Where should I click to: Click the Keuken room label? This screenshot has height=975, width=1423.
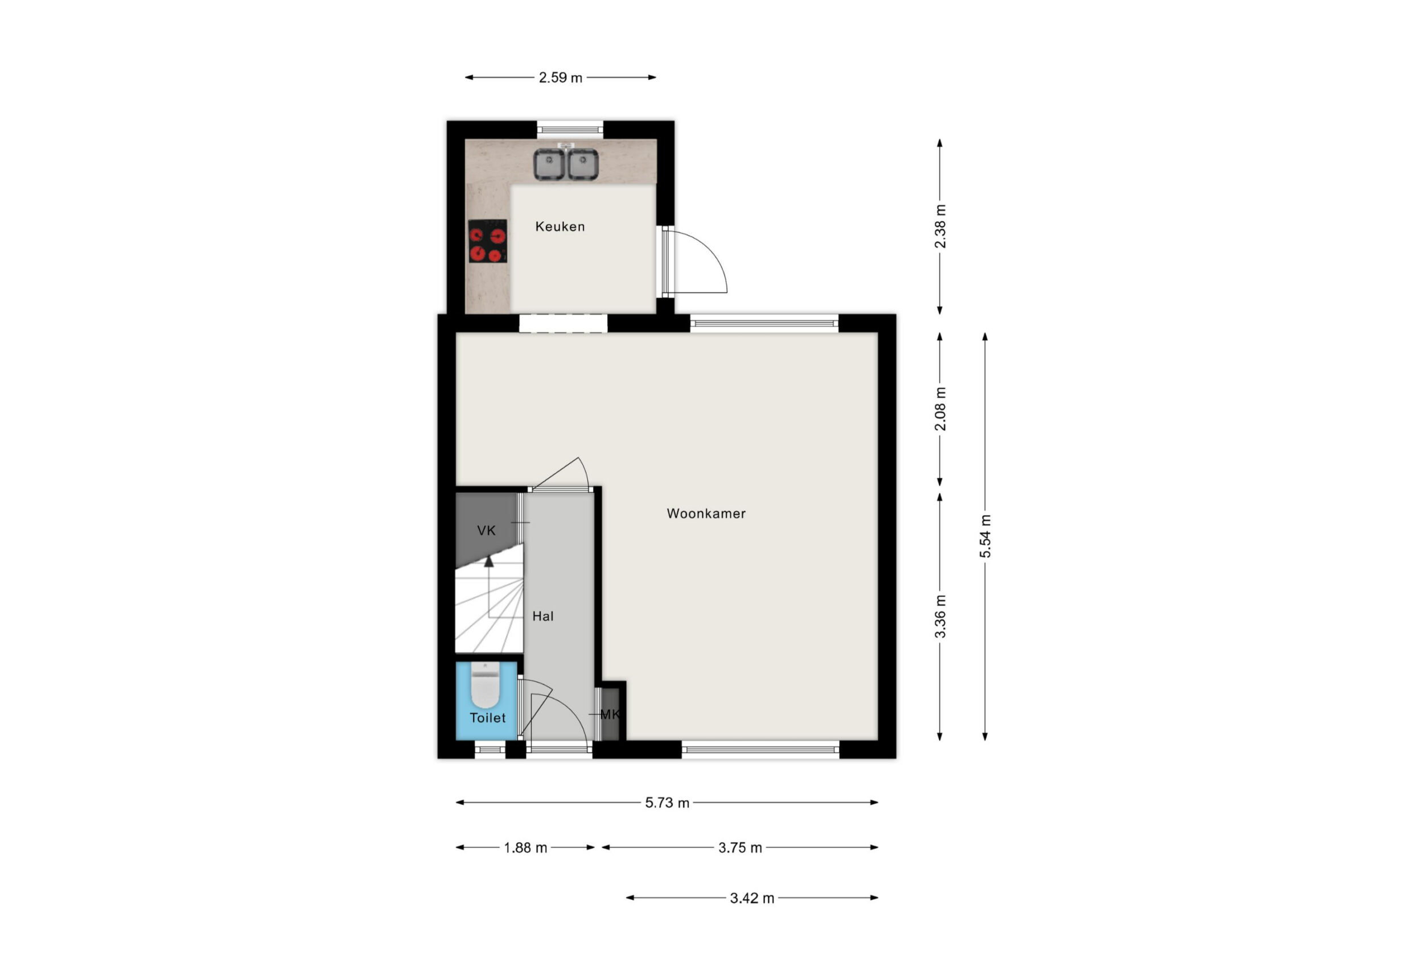tap(560, 226)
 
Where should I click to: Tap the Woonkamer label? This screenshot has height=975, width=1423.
tap(706, 514)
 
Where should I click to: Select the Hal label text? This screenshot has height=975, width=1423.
tap(542, 616)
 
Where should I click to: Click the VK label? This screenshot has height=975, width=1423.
tap(486, 531)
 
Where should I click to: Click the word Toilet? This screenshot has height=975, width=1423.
tap(487, 718)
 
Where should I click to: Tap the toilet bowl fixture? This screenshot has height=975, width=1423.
tap(486, 686)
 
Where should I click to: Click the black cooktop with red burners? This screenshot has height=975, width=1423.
tap(487, 241)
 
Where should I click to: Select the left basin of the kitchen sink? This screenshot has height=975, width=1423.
tap(549, 164)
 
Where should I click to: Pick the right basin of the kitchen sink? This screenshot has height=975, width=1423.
tap(583, 164)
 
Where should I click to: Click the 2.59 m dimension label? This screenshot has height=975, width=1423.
tap(560, 78)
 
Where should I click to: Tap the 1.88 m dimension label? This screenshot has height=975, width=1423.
tap(525, 848)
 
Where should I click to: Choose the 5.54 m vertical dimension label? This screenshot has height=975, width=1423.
tap(985, 536)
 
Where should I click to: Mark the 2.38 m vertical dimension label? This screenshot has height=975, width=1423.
tap(940, 226)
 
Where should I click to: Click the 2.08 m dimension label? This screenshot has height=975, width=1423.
tap(940, 409)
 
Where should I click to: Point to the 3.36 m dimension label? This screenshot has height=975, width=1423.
tap(940, 616)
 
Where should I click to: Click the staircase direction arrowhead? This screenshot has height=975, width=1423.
tap(488, 561)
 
